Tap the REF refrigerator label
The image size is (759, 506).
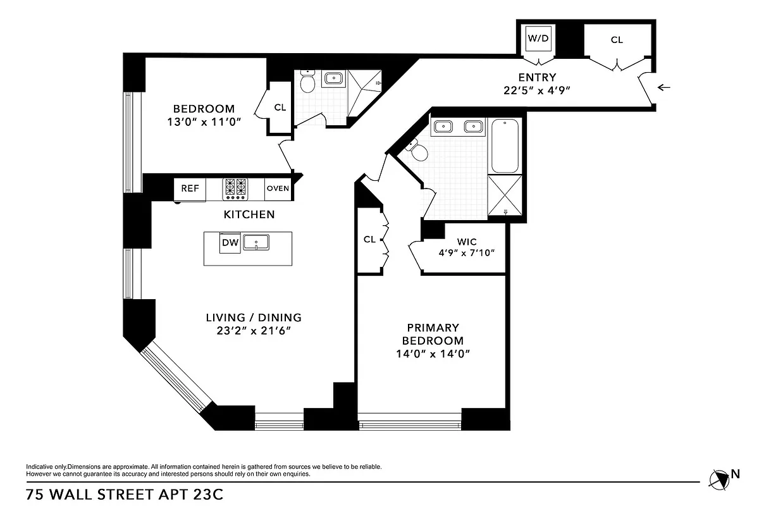click(190, 188)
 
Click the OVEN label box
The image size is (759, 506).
click(278, 188)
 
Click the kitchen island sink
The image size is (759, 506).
click(256, 242)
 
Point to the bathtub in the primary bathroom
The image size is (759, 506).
click(505, 146)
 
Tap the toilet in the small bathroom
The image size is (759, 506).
click(307, 83)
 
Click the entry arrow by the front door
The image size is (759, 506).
click(663, 87)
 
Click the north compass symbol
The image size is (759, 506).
click(720, 478)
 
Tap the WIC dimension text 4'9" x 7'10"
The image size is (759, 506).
click(467, 252)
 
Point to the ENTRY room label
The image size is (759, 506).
click(537, 77)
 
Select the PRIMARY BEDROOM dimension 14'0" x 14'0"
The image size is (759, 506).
click(433, 354)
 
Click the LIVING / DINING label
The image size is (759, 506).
click(253, 318)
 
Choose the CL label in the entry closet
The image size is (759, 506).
click(617, 40)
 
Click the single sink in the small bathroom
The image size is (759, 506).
click(333, 78)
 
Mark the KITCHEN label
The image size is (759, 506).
click(249, 214)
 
